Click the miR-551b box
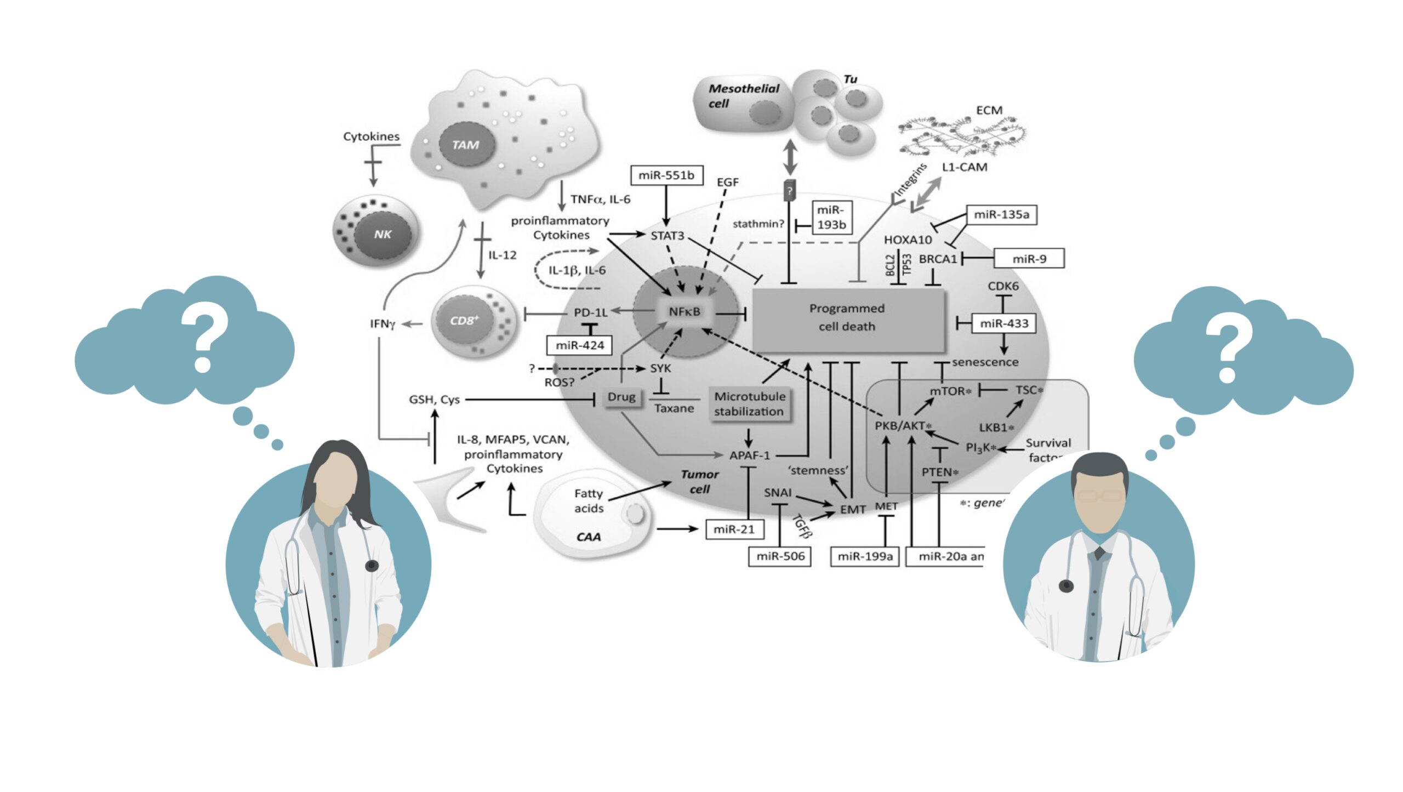point(666,175)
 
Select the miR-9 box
point(1029,259)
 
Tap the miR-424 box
point(579,345)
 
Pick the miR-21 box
point(734,529)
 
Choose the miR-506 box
point(780,556)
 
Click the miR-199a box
point(865,556)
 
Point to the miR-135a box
point(1001,215)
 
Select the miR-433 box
point(1004,323)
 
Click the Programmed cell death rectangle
point(847,318)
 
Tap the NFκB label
point(685,312)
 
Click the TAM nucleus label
point(466,145)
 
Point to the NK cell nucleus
point(383,235)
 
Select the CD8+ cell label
point(464,321)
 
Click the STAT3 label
point(667,236)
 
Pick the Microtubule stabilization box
point(749,404)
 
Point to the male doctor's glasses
point(1099,497)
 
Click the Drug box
point(621,397)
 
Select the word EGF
point(727,182)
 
